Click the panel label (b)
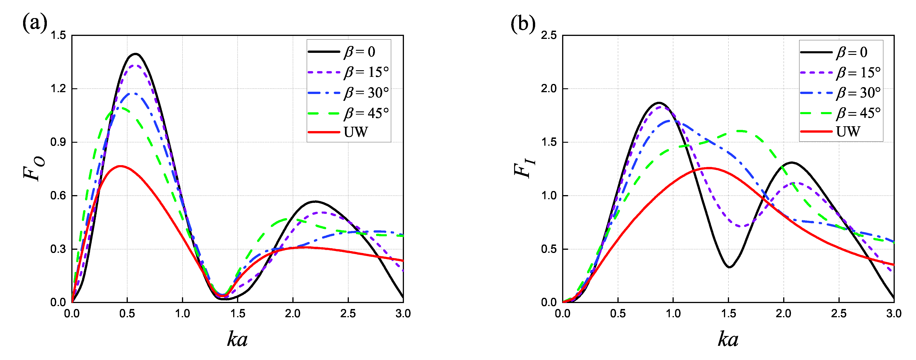pyautogui.click(x=523, y=24)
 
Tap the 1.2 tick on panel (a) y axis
pyautogui.click(x=58, y=89)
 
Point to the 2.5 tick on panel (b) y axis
pyautogui.click(x=549, y=35)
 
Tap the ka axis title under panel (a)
pyautogui.click(x=237, y=339)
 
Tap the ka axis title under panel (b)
pyautogui.click(x=728, y=339)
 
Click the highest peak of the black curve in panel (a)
pyautogui.click(x=135, y=54)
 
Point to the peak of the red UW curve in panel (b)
pyautogui.click(x=709, y=168)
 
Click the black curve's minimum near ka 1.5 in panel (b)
pyautogui.click(x=729, y=267)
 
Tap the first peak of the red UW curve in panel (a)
pyautogui.click(x=120, y=166)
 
